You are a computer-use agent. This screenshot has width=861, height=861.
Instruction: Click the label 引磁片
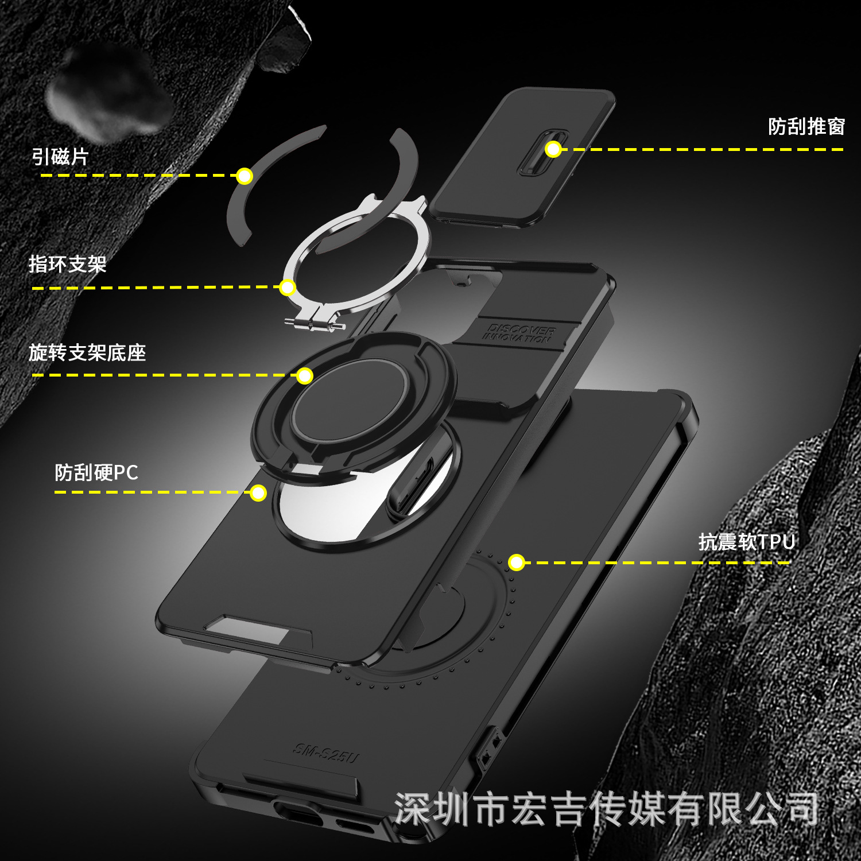point(60,157)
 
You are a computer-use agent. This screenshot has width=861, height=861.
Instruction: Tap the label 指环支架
point(68,265)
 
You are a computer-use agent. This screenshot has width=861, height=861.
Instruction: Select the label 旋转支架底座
point(87,352)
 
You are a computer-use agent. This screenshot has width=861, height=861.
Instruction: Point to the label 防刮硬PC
point(96,473)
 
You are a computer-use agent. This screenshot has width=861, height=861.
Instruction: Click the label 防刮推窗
point(806,127)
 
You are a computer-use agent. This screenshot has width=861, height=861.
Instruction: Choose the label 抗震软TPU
point(746,542)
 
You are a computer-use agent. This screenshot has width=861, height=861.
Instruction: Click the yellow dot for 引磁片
point(245,176)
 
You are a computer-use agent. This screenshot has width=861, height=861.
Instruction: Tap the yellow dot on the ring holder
point(287,287)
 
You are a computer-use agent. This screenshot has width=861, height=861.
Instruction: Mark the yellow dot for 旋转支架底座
point(304,376)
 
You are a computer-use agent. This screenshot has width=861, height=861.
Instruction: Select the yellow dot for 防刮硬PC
point(258,493)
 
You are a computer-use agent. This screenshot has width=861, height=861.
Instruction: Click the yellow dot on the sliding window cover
point(553,149)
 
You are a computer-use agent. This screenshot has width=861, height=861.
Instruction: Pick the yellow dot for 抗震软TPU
point(517,563)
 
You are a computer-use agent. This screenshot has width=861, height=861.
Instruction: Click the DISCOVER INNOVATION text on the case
point(518,333)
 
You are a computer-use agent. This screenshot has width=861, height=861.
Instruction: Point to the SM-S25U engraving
point(326,753)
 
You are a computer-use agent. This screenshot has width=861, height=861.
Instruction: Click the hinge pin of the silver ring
point(315,325)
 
